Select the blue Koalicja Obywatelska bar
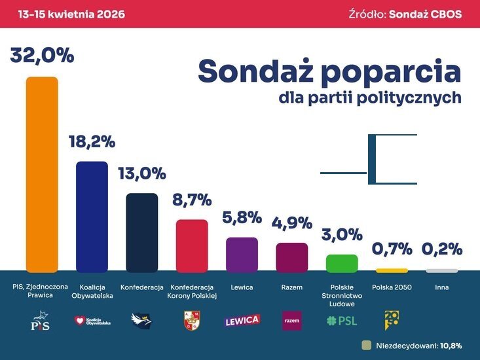(x=92, y=216)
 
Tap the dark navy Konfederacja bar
(x=142, y=232)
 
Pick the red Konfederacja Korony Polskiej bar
(x=192, y=245)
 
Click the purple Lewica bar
(x=242, y=254)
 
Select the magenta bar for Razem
(x=292, y=257)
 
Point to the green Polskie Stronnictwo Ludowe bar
(x=342, y=263)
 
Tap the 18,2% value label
(x=92, y=141)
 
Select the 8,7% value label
(x=192, y=200)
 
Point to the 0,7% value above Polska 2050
(x=392, y=249)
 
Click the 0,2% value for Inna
(x=442, y=249)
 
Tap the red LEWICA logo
(x=242, y=321)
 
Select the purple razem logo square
(x=292, y=321)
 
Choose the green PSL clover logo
(x=342, y=321)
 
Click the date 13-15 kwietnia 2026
(x=64, y=14)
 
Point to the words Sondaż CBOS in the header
(x=425, y=14)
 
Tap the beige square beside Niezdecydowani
(x=366, y=345)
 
